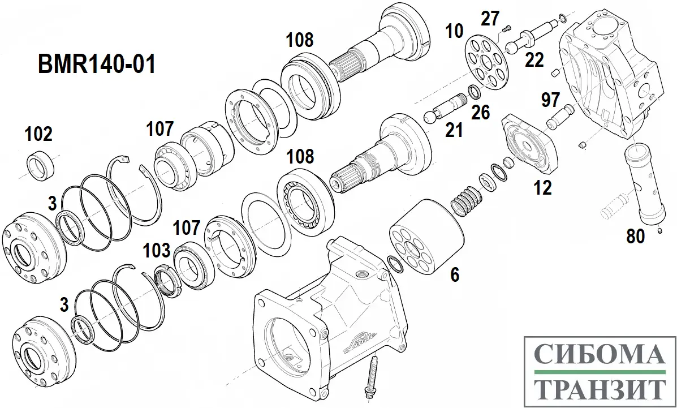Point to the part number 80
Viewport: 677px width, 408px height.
click(x=636, y=236)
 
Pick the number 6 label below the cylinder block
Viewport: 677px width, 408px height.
click(x=454, y=275)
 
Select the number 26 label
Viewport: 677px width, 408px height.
click(x=481, y=112)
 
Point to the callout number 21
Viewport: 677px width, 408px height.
click(x=454, y=130)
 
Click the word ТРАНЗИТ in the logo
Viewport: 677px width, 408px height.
click(x=600, y=389)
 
